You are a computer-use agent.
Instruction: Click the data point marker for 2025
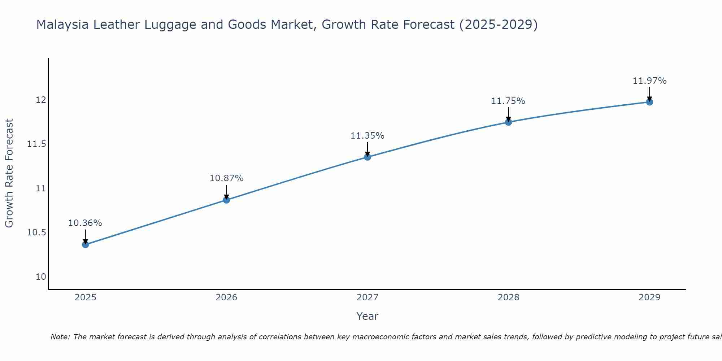pos(85,244)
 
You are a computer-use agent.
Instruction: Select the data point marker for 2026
pos(226,200)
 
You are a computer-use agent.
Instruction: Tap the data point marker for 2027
pos(367,157)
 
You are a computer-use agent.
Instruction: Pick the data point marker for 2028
pos(508,122)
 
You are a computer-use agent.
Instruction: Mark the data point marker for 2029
pos(649,102)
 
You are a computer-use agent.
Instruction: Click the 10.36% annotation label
pos(85,223)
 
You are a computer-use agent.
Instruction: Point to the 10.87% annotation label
pos(226,178)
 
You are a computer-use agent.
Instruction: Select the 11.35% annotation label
pos(367,136)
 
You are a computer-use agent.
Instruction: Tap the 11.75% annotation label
pos(508,101)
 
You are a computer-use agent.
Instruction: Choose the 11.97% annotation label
pos(649,81)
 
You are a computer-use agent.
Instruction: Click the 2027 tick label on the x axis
pos(367,297)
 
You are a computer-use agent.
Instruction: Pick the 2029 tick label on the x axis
pos(649,297)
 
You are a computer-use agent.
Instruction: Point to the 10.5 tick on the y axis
pos(37,232)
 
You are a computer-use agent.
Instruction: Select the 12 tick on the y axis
pos(41,100)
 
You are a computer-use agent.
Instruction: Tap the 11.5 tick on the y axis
pos(37,144)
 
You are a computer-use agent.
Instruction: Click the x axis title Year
pos(367,316)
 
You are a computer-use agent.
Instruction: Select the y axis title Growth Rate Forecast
pos(9,173)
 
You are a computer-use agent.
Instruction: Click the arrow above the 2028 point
pos(508,114)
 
